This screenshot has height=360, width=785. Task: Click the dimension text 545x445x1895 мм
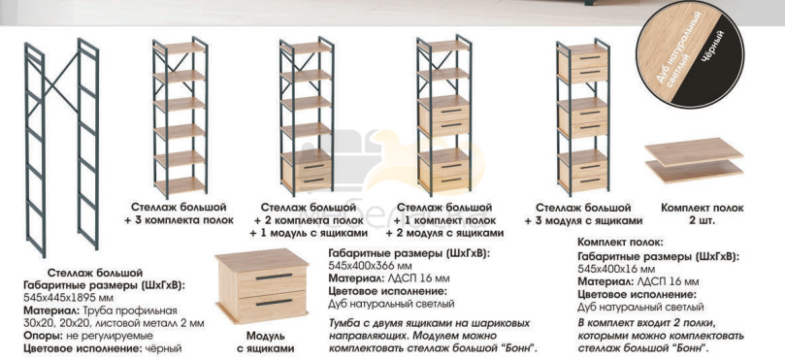click(64, 298)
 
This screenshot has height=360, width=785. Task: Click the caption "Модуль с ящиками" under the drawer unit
click(265, 342)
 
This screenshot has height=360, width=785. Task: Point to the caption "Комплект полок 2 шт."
click(702, 213)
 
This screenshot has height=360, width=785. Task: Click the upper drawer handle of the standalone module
click(274, 277)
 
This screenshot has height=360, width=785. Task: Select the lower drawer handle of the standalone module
click(274, 302)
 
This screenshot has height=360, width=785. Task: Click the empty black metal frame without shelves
click(61, 148)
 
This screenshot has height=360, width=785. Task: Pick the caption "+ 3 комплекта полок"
click(179, 220)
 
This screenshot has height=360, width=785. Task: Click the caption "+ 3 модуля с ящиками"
click(583, 221)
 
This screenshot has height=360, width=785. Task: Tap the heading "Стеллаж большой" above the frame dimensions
click(95, 273)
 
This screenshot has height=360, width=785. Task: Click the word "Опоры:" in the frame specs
click(40, 335)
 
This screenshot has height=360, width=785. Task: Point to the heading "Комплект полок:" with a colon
click(620, 243)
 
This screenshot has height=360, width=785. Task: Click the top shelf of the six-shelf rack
click(180, 49)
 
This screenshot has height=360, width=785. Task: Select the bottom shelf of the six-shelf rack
click(180, 185)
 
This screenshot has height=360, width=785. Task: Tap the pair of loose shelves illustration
click(694, 160)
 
